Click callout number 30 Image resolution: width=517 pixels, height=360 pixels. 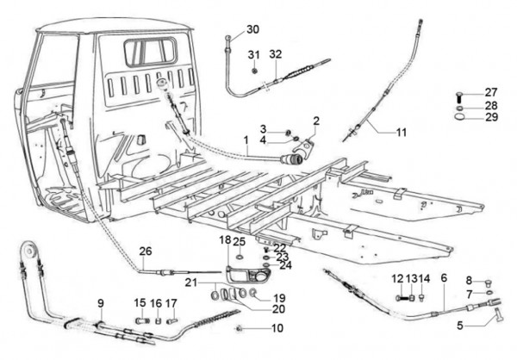(x=252, y=30)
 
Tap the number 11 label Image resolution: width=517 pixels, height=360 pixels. (x=401, y=132)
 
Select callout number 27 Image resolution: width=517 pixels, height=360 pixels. (x=490, y=93)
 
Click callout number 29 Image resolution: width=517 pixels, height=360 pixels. (x=490, y=117)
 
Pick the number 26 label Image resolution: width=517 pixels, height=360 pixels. (x=146, y=251)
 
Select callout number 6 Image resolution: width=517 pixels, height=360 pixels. (x=444, y=278)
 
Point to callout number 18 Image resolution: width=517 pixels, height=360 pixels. (x=224, y=240)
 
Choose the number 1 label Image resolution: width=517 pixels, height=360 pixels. (x=246, y=140)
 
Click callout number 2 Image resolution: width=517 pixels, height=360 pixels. (x=316, y=121)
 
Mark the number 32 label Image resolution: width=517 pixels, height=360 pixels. (x=275, y=54)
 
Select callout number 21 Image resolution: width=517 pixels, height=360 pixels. (x=190, y=282)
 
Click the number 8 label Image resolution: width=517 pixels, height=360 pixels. (x=469, y=280)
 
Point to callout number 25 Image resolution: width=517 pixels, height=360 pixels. (x=240, y=241)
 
